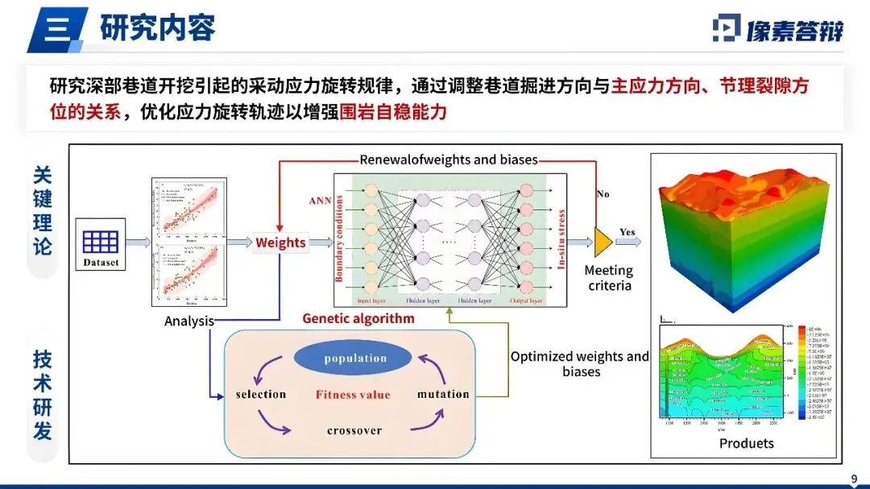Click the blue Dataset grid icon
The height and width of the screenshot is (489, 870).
(x=101, y=241)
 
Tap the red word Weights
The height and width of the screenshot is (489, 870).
(x=280, y=242)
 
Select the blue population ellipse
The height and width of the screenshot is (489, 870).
(x=355, y=358)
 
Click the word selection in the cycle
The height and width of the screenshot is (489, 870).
(x=261, y=394)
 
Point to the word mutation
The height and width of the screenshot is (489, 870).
(x=443, y=394)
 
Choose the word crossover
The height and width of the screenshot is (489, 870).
(x=354, y=431)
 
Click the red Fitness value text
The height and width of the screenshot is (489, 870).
(x=353, y=395)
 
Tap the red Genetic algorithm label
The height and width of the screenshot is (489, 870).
(x=358, y=318)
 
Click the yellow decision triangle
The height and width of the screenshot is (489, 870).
(x=602, y=238)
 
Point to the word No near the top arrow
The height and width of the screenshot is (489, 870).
(x=603, y=194)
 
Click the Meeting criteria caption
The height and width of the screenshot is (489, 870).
(x=609, y=278)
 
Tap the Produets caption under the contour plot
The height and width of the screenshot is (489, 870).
(x=746, y=443)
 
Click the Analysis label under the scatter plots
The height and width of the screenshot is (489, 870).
(x=189, y=321)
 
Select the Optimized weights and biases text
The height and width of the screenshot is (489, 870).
(x=580, y=363)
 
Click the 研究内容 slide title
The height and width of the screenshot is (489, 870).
(x=158, y=29)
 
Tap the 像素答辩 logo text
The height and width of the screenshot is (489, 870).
(x=793, y=30)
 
